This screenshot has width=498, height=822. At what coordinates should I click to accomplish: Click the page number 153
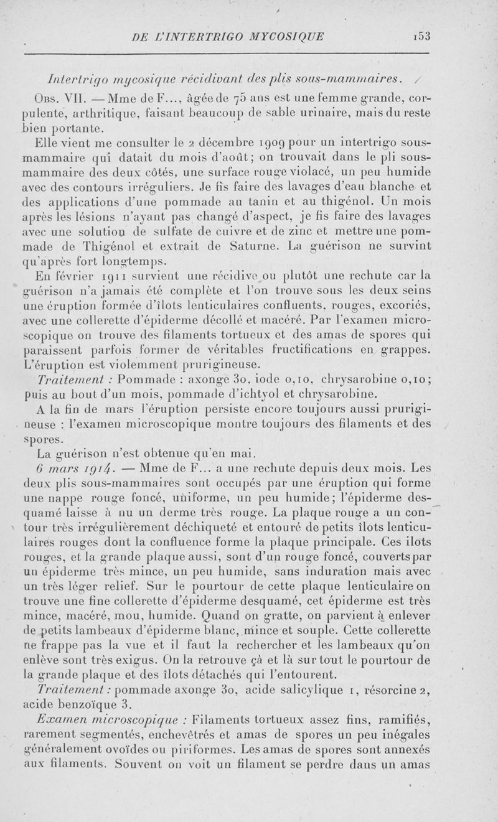coord(423,35)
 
